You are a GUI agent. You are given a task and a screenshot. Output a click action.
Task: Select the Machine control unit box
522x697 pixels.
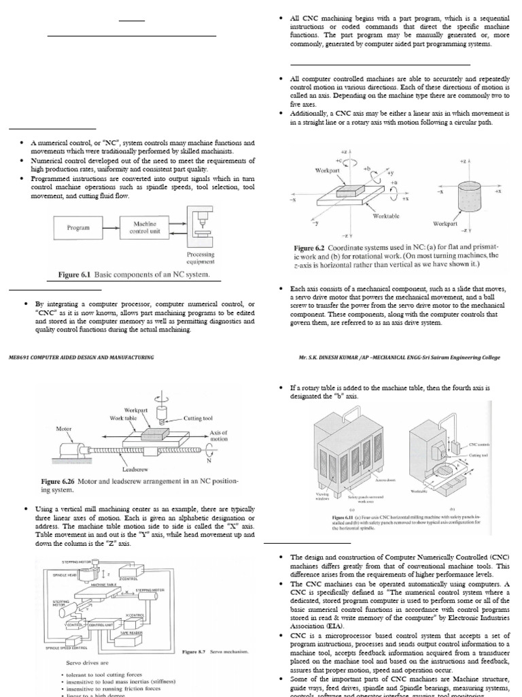[145, 227]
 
